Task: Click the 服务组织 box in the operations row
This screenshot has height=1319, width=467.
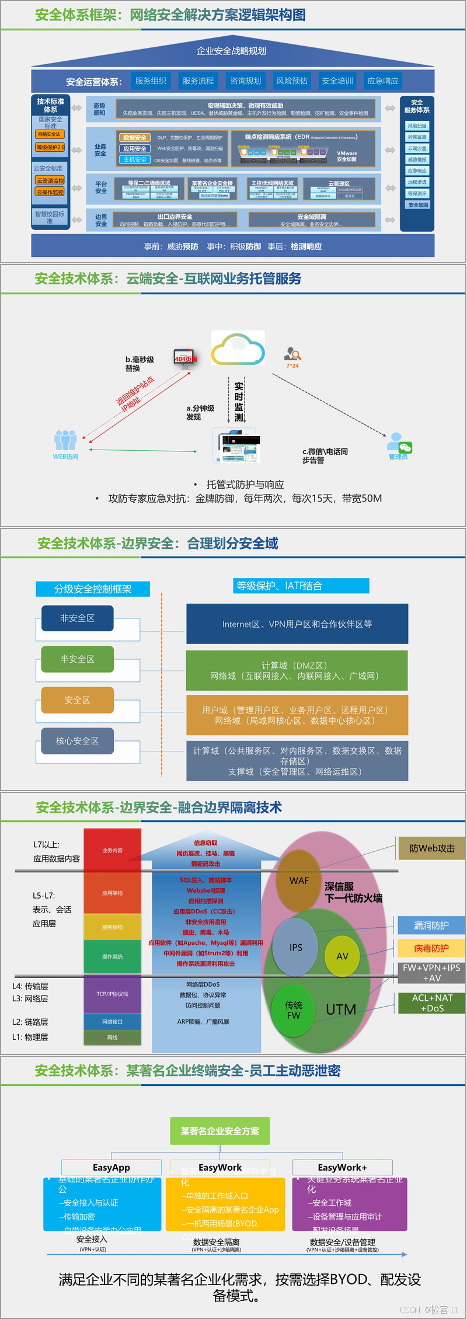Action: [151, 81]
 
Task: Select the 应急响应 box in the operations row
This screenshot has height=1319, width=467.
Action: [383, 81]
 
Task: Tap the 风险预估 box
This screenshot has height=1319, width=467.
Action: [292, 81]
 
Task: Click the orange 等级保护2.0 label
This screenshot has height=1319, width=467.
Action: [51, 147]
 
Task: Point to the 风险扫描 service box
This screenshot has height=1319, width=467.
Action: [417, 126]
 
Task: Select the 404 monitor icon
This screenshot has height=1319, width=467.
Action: [185, 358]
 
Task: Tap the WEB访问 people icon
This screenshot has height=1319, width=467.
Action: [65, 441]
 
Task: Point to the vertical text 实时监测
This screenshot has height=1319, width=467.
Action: [239, 402]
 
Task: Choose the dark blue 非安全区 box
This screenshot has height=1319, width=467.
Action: [78, 618]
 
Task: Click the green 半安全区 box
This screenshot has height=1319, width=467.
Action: [78, 659]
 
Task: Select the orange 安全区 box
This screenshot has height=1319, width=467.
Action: [78, 699]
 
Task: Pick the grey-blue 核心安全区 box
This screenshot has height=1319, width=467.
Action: [78, 740]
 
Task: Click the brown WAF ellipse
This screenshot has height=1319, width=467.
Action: [299, 881]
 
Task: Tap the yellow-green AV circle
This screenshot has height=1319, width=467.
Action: [342, 956]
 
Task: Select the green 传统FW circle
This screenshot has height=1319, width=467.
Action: [294, 1010]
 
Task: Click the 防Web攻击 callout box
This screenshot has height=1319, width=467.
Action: [432, 848]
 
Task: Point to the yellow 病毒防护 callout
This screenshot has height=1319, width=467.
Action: [431, 948]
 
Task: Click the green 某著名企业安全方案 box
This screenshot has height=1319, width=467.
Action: [220, 1131]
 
